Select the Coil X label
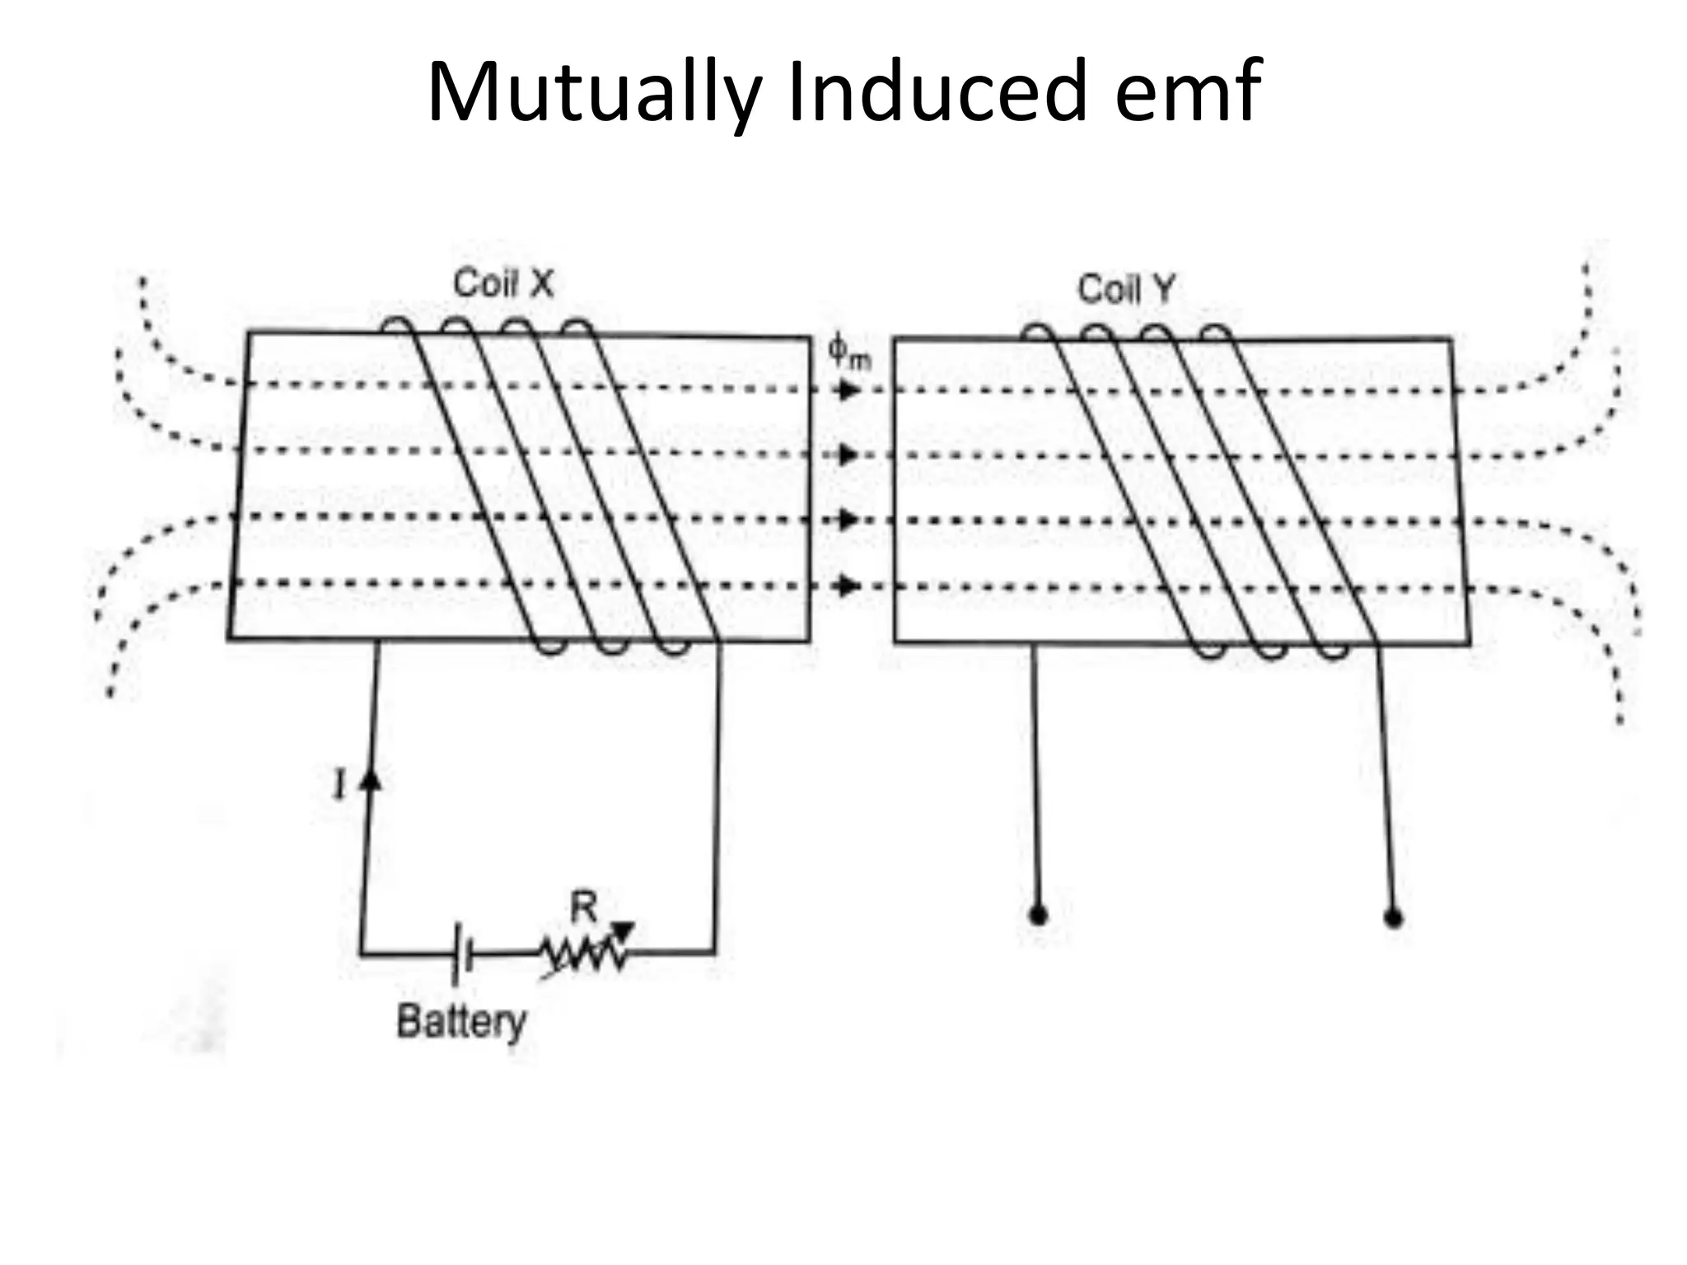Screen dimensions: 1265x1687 (503, 284)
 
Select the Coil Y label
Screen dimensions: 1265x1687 (1126, 289)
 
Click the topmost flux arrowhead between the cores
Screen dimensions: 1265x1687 (847, 390)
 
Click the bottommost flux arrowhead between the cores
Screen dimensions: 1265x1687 (847, 586)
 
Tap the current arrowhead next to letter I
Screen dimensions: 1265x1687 (372, 778)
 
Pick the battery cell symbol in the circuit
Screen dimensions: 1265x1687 (461, 955)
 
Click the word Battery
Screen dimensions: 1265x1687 (461, 1022)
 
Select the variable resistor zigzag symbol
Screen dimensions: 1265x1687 (583, 954)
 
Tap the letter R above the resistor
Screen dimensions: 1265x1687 (583, 908)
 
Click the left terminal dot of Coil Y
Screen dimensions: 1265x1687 (1039, 916)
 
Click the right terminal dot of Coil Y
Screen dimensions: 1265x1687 (1393, 917)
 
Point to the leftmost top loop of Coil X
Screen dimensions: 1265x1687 (397, 325)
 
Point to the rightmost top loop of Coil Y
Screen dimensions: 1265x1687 (1217, 333)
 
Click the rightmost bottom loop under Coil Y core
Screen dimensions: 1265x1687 (1332, 651)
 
